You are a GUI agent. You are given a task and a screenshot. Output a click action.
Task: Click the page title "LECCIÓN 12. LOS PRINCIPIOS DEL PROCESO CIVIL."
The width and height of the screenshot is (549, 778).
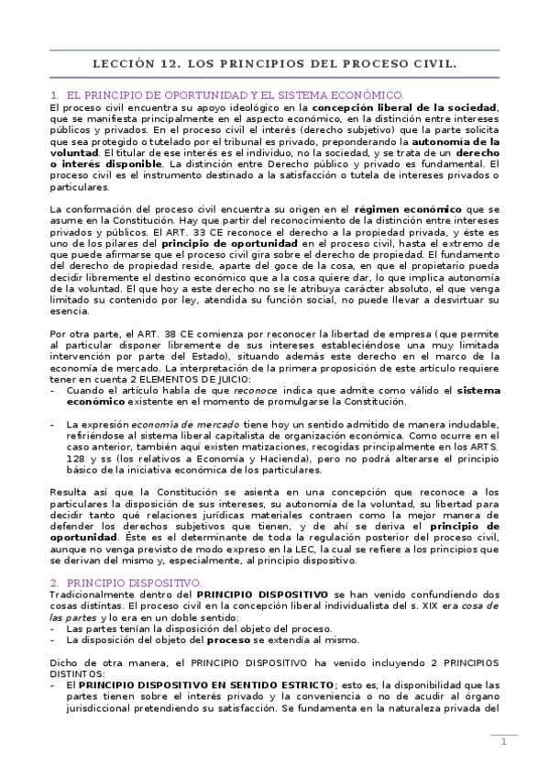click(x=275, y=65)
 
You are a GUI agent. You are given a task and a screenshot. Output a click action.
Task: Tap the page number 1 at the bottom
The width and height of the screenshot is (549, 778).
click(x=503, y=742)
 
